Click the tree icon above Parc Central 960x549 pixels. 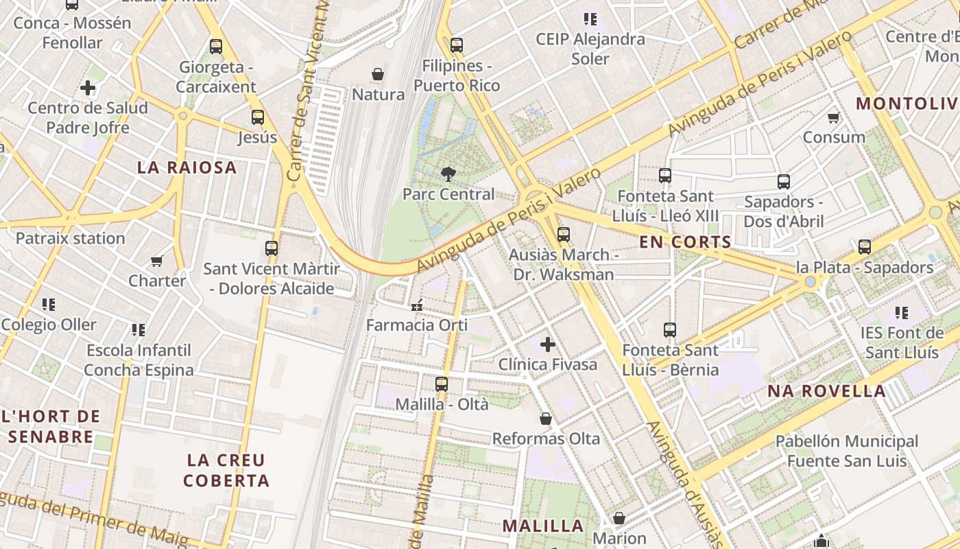448,174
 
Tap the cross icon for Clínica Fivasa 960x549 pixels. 547,344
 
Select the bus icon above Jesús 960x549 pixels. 258,117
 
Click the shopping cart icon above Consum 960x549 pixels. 834,117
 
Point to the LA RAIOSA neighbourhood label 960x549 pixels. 187,167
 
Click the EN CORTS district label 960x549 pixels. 685,242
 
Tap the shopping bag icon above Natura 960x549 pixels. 377,74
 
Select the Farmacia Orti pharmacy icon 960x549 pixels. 416,305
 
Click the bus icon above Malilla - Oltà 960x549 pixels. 442,384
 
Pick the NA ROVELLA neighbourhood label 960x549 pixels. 826,391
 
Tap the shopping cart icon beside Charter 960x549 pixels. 157,261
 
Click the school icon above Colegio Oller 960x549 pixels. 48,304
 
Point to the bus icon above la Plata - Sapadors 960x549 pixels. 864,247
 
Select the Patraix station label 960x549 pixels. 70,239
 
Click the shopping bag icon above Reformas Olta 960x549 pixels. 546,419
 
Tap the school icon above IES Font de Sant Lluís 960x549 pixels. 901,314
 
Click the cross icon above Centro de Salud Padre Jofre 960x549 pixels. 88,88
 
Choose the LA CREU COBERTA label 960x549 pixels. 226,470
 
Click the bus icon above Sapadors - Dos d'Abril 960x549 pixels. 783,182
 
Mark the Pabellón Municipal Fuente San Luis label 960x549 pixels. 846,451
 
